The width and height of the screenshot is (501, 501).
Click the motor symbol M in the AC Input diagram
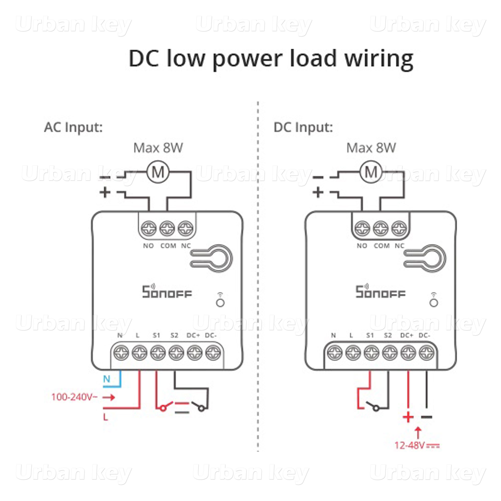point(158,172)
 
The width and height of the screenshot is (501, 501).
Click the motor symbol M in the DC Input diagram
point(371,172)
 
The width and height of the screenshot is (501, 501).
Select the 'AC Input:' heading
point(73,127)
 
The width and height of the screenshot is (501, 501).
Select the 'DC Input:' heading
point(303,127)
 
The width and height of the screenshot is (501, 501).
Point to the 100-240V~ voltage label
point(74,397)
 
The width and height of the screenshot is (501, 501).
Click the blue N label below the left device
point(107,379)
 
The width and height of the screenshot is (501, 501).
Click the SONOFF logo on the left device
point(167,292)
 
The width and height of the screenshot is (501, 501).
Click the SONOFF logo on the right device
point(380,292)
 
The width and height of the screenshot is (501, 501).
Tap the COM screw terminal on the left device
point(167,228)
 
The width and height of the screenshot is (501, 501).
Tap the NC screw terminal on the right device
point(399,228)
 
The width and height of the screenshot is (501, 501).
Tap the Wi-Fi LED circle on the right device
point(434,303)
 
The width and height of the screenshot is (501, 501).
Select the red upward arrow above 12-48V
point(418,433)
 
